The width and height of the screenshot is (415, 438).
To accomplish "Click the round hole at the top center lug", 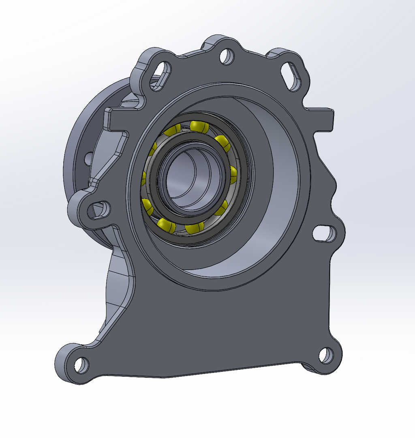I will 227,56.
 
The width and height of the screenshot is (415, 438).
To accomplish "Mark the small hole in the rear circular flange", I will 88,158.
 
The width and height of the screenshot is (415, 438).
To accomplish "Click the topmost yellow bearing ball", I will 199,126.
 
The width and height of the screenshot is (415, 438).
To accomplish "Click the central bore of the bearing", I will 194,179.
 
